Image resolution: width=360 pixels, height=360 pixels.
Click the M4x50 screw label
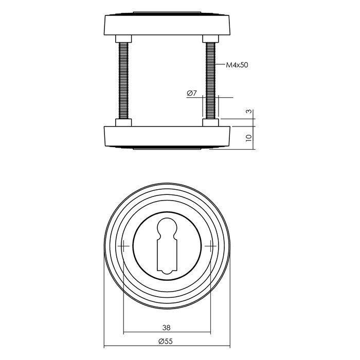click(238, 65)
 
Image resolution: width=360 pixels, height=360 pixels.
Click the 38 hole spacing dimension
click(166, 327)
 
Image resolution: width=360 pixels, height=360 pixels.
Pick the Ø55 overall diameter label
click(166, 341)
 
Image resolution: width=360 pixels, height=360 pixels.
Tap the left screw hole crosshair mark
click(124, 246)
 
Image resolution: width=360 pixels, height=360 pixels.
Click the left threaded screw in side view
click(124, 81)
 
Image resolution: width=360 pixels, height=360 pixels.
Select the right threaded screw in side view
click(211, 81)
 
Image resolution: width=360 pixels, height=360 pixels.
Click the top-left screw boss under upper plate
click(124, 38)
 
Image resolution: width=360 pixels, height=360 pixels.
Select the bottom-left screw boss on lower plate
click(124, 123)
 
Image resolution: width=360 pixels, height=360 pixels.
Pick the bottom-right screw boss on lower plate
click(211, 123)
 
